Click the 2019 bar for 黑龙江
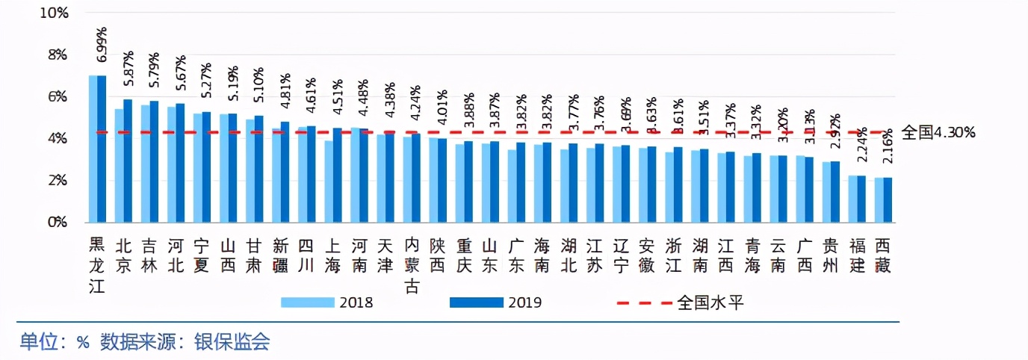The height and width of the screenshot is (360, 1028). pyautogui.click(x=102, y=149)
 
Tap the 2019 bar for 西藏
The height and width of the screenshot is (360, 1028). pyautogui.click(x=888, y=200)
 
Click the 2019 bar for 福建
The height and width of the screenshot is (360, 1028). pyautogui.click(x=861, y=199)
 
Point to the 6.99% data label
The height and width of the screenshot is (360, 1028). pyautogui.click(x=102, y=45)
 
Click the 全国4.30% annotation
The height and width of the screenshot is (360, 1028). pyautogui.click(x=938, y=133)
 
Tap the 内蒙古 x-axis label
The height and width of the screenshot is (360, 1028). pyautogui.click(x=412, y=265)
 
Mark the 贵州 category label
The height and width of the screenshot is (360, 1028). pyautogui.click(x=831, y=255)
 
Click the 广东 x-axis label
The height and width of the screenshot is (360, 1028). pyautogui.click(x=516, y=255)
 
